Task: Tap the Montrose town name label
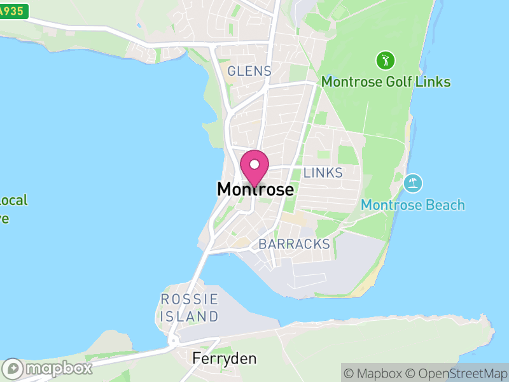[255, 190]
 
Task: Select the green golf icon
[386, 61]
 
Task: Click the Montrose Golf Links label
[386, 82]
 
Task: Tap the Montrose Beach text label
[412, 205]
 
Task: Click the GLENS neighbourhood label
[249, 71]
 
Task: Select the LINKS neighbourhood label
[323, 173]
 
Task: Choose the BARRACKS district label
[295, 244]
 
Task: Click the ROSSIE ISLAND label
[190, 308]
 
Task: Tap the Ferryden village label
[225, 359]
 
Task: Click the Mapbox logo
[48, 368]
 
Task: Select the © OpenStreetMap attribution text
[456, 373]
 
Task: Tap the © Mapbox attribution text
[374, 373]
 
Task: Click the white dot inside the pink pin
[254, 164]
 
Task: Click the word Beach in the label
[445, 205]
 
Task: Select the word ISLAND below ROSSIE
[190, 316]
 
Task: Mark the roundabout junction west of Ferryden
[172, 342]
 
